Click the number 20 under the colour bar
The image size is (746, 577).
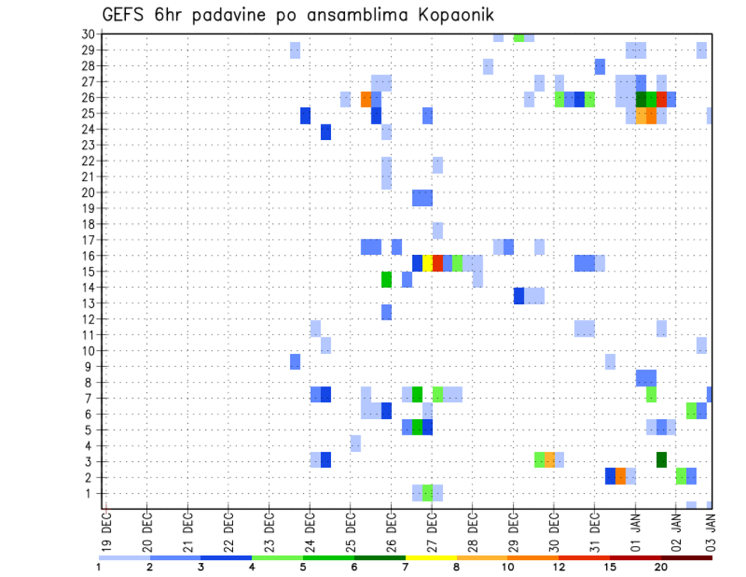[x=661, y=567]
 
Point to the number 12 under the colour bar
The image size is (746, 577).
[x=559, y=567]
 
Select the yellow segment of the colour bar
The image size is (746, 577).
[x=431, y=558]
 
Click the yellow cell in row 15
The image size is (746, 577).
[x=427, y=263]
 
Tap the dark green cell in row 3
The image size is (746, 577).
[x=661, y=460]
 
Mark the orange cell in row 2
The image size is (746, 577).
[x=620, y=476]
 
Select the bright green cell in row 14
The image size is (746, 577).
[x=386, y=279]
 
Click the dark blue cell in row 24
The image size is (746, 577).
[x=326, y=132]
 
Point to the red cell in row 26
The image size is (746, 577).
[x=661, y=99]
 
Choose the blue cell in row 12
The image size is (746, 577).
[x=386, y=312]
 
